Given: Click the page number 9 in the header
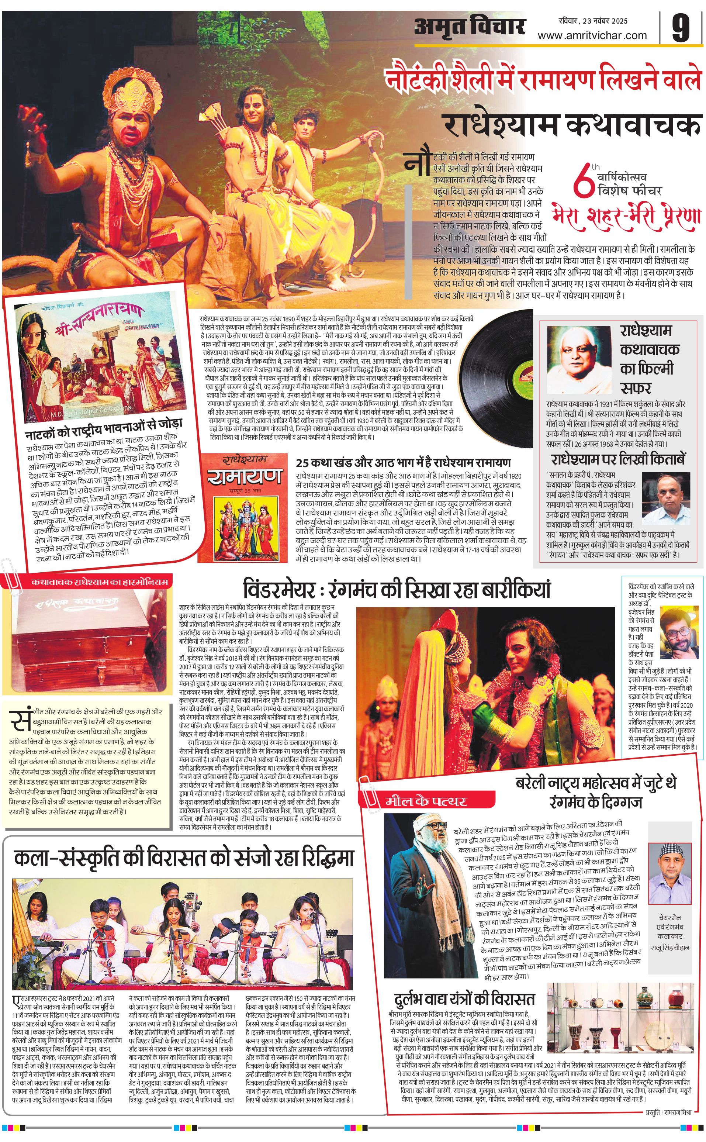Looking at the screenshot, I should pyautogui.click(x=681, y=28).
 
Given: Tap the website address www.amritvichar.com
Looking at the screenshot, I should pyautogui.click(x=592, y=35).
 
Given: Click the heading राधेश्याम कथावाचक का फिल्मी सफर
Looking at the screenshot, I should pyautogui.click(x=649, y=358).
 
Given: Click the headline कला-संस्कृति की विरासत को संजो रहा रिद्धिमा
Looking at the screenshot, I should pyautogui.click(x=183, y=858).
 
